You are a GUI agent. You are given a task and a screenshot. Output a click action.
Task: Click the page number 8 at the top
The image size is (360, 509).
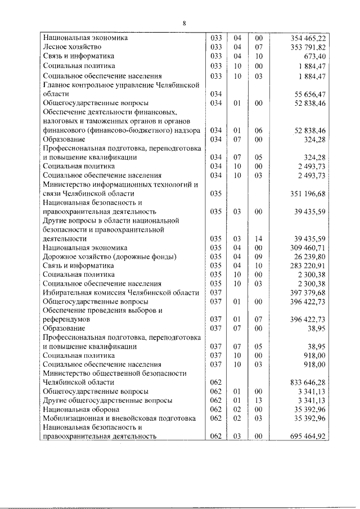[184, 23]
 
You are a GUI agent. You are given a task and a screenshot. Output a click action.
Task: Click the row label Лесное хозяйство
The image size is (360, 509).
[74, 47]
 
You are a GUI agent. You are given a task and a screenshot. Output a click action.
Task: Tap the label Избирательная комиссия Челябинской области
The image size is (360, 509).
[121, 292]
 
